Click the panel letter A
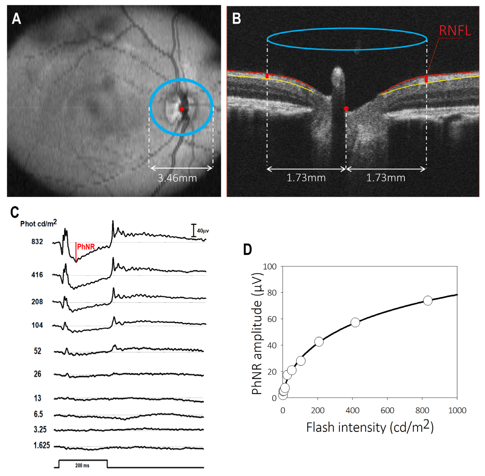[x=16, y=19]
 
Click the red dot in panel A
[x=182, y=109]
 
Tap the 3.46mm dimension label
[x=177, y=178]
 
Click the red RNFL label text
[x=455, y=31]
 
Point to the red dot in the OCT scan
[x=346, y=109]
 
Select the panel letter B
[x=236, y=19]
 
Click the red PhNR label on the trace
[x=86, y=247]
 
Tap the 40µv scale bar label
[x=203, y=231]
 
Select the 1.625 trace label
[x=42, y=445]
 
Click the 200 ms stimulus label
[x=82, y=466]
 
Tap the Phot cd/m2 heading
[x=38, y=223]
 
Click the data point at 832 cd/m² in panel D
[x=428, y=301]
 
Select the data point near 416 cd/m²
[x=355, y=323]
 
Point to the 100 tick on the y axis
[x=270, y=267]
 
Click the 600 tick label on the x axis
[x=387, y=410]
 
